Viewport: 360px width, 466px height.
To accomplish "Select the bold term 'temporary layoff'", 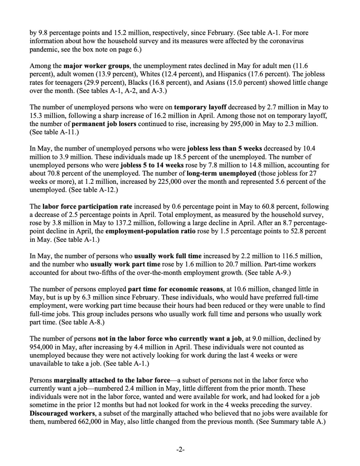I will click(x=200, y=107).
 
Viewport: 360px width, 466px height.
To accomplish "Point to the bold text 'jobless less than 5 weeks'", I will click(x=225, y=148).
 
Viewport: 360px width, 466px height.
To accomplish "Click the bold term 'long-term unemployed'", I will click(x=221, y=173).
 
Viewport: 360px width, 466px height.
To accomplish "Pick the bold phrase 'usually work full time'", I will click(x=168, y=256).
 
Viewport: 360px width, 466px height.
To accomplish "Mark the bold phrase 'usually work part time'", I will click(x=125, y=264).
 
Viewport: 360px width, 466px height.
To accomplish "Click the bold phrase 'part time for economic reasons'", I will click(x=175, y=289).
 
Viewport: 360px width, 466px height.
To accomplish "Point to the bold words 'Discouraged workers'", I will click(x=62, y=413).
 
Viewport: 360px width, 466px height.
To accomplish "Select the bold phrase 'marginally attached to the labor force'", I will click(x=112, y=380).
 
